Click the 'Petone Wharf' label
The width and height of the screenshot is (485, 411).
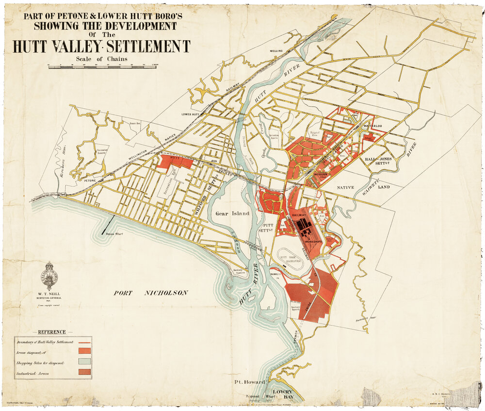(x=114, y=234)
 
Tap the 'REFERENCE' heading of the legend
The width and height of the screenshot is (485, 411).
(x=48, y=332)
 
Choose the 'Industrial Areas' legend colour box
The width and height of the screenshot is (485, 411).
(x=84, y=373)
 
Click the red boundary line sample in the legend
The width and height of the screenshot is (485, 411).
(x=83, y=342)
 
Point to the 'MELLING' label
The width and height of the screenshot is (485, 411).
(x=276, y=51)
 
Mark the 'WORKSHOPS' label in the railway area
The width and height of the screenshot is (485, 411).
(x=314, y=241)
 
